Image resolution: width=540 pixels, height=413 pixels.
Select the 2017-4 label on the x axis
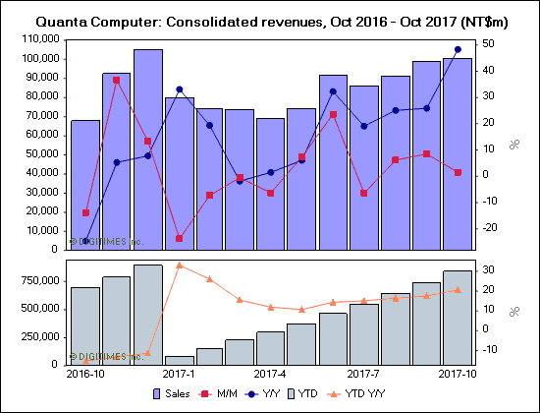(269, 375)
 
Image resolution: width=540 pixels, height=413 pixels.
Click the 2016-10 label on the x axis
(84, 375)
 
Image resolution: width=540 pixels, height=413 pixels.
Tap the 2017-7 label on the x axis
(363, 375)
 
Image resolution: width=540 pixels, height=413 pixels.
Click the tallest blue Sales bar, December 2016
(148, 147)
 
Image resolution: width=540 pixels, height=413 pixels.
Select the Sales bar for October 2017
(458, 152)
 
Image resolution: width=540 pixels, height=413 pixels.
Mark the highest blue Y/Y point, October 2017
(458, 49)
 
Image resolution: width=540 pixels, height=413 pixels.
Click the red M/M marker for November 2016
(117, 80)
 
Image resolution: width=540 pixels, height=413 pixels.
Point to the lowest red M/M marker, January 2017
(179, 238)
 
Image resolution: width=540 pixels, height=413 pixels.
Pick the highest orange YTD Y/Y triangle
(179, 265)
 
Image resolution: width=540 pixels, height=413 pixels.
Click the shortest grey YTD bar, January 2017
(179, 361)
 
